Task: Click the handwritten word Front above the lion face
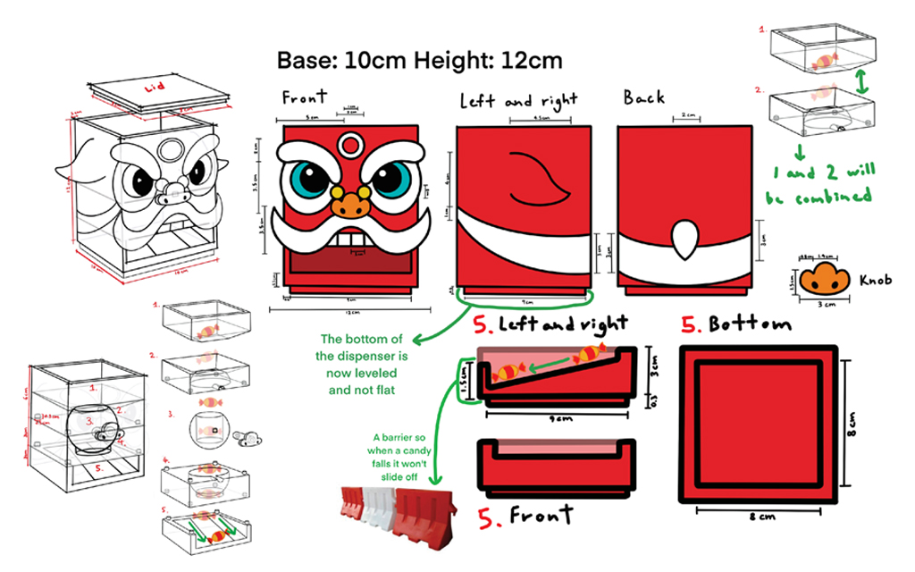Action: [304, 97]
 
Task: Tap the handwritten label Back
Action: [644, 97]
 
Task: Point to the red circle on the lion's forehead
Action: [352, 143]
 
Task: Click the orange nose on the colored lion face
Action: [350, 206]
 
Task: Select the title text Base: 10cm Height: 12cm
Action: [420, 61]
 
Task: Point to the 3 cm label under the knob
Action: [822, 304]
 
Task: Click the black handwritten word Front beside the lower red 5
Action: [541, 515]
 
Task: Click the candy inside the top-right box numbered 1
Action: [824, 61]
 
